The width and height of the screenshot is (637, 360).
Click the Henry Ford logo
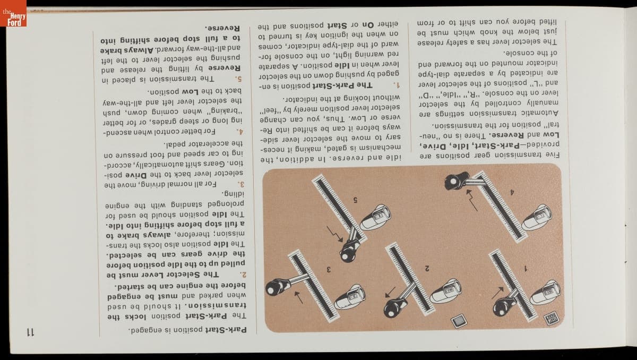(13, 13)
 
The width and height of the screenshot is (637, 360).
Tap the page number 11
(30, 332)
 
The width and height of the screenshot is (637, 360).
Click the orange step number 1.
(395, 85)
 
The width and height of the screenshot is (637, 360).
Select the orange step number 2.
(243, 275)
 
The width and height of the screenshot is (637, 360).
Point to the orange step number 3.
(242, 184)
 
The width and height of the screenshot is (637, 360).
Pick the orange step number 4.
(240, 132)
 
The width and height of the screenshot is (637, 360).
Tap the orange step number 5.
(238, 79)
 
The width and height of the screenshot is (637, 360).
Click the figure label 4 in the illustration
(512, 193)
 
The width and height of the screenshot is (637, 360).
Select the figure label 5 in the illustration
(355, 200)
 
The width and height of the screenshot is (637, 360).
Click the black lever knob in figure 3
(274, 287)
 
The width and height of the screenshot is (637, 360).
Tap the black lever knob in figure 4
(455, 181)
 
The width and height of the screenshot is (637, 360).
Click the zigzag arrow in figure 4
(472, 200)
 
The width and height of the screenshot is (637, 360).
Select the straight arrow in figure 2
(390, 292)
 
